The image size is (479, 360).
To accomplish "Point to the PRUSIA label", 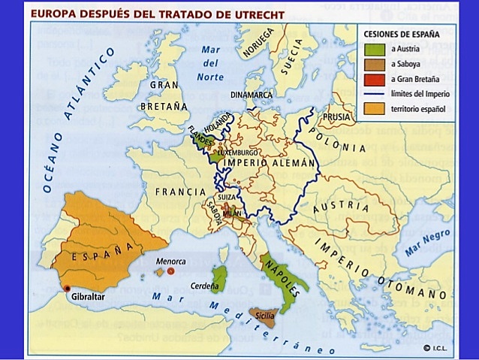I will click(339, 118).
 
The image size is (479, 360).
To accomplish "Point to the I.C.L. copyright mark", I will click(433, 348).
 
